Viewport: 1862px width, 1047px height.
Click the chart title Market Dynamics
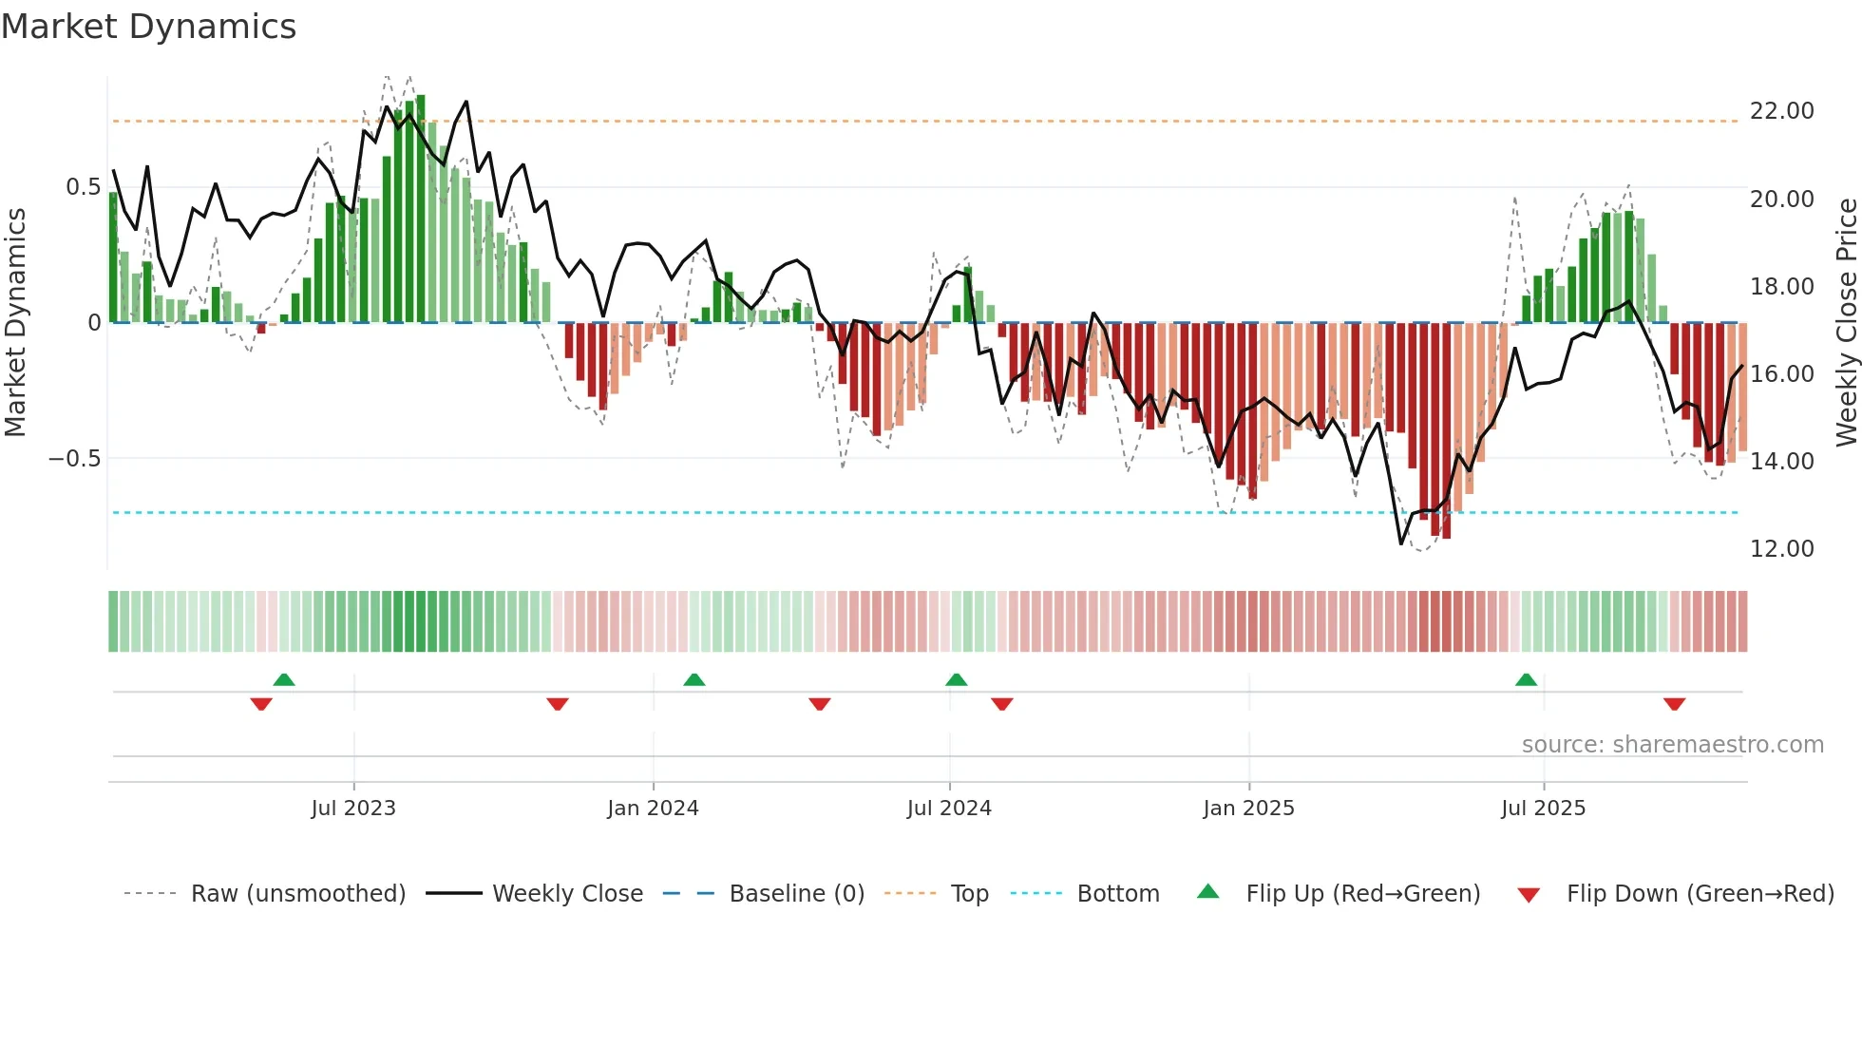coord(148,27)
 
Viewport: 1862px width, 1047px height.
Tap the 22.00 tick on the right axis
coord(1781,111)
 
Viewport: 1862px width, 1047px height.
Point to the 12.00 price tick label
coord(1781,548)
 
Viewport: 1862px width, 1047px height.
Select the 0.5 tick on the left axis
coord(83,187)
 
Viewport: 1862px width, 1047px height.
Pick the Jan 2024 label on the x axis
coord(653,809)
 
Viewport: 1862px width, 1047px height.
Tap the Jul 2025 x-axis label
coord(1543,809)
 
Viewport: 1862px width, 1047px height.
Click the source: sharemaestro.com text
coord(1672,745)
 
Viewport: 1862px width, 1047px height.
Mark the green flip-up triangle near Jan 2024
coord(694,679)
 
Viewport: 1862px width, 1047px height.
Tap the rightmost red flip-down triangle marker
coord(1674,704)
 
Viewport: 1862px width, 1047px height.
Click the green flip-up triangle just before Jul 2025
coord(1526,679)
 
